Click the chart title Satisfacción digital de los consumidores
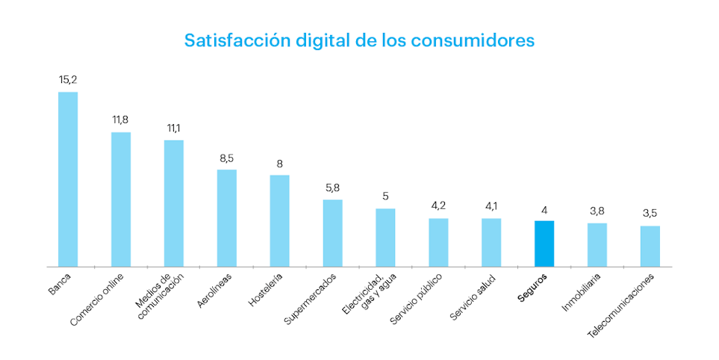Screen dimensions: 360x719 tap(359, 40)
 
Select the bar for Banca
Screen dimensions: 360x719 tap(68, 179)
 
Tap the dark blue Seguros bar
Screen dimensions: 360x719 tap(544, 243)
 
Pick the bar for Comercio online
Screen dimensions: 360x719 tap(121, 199)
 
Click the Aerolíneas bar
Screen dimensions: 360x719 tap(227, 218)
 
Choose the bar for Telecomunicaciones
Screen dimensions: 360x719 tap(650, 246)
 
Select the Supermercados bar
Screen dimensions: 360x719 tap(332, 233)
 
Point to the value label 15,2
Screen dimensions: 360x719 tap(68, 79)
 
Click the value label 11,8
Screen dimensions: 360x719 tap(121, 120)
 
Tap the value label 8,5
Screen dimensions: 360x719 tap(227, 158)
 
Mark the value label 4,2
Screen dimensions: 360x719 tap(438, 205)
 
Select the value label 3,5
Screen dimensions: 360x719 tap(650, 213)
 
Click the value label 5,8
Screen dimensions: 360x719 tap(332, 187)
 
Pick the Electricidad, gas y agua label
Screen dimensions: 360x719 tap(369, 295)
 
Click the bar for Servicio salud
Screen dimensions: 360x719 tap(491, 242)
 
